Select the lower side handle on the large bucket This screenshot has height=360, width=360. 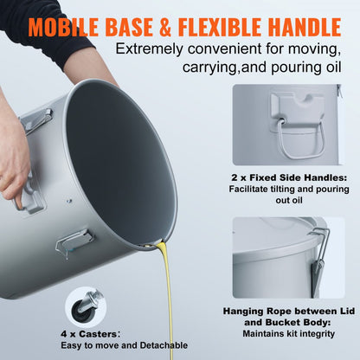(x=74, y=241)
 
